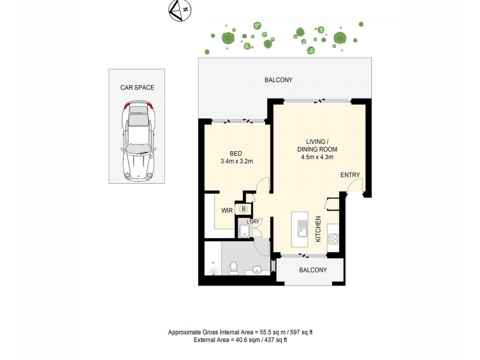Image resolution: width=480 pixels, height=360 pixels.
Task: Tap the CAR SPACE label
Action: tap(137, 88)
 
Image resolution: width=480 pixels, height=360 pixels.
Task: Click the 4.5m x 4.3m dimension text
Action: tap(317, 157)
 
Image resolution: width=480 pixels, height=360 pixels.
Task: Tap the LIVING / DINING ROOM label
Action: tap(317, 145)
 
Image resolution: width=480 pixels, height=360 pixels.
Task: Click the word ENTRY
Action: tap(350, 175)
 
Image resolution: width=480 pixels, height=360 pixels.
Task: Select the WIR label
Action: tap(227, 211)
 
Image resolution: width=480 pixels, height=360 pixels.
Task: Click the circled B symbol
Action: tap(244, 209)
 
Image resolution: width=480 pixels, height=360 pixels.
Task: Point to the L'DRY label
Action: tap(253, 221)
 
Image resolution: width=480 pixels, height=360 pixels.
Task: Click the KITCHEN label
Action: tap(319, 229)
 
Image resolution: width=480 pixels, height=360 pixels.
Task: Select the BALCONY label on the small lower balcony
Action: tap(313, 270)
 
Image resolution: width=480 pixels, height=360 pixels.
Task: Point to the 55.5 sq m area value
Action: tap(267, 332)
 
